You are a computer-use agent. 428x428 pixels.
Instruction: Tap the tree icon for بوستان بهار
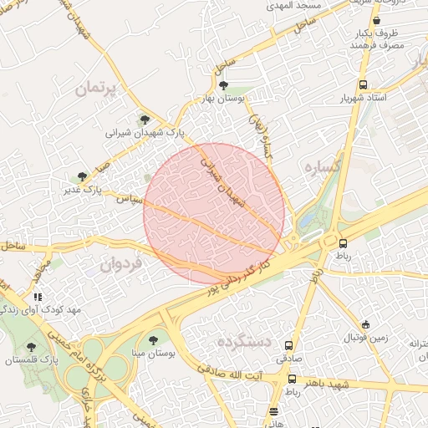click(222, 84)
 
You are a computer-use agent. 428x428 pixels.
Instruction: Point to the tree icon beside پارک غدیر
click(81, 176)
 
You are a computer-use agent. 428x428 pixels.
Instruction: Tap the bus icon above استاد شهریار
click(363, 84)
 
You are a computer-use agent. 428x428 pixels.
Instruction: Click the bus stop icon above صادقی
click(289, 344)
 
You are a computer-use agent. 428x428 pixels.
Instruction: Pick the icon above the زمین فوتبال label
click(365, 324)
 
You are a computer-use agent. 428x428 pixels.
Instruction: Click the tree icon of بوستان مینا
click(152, 340)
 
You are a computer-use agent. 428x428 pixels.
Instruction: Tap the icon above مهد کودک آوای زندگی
click(37, 296)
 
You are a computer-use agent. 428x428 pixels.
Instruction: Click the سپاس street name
click(127, 200)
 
